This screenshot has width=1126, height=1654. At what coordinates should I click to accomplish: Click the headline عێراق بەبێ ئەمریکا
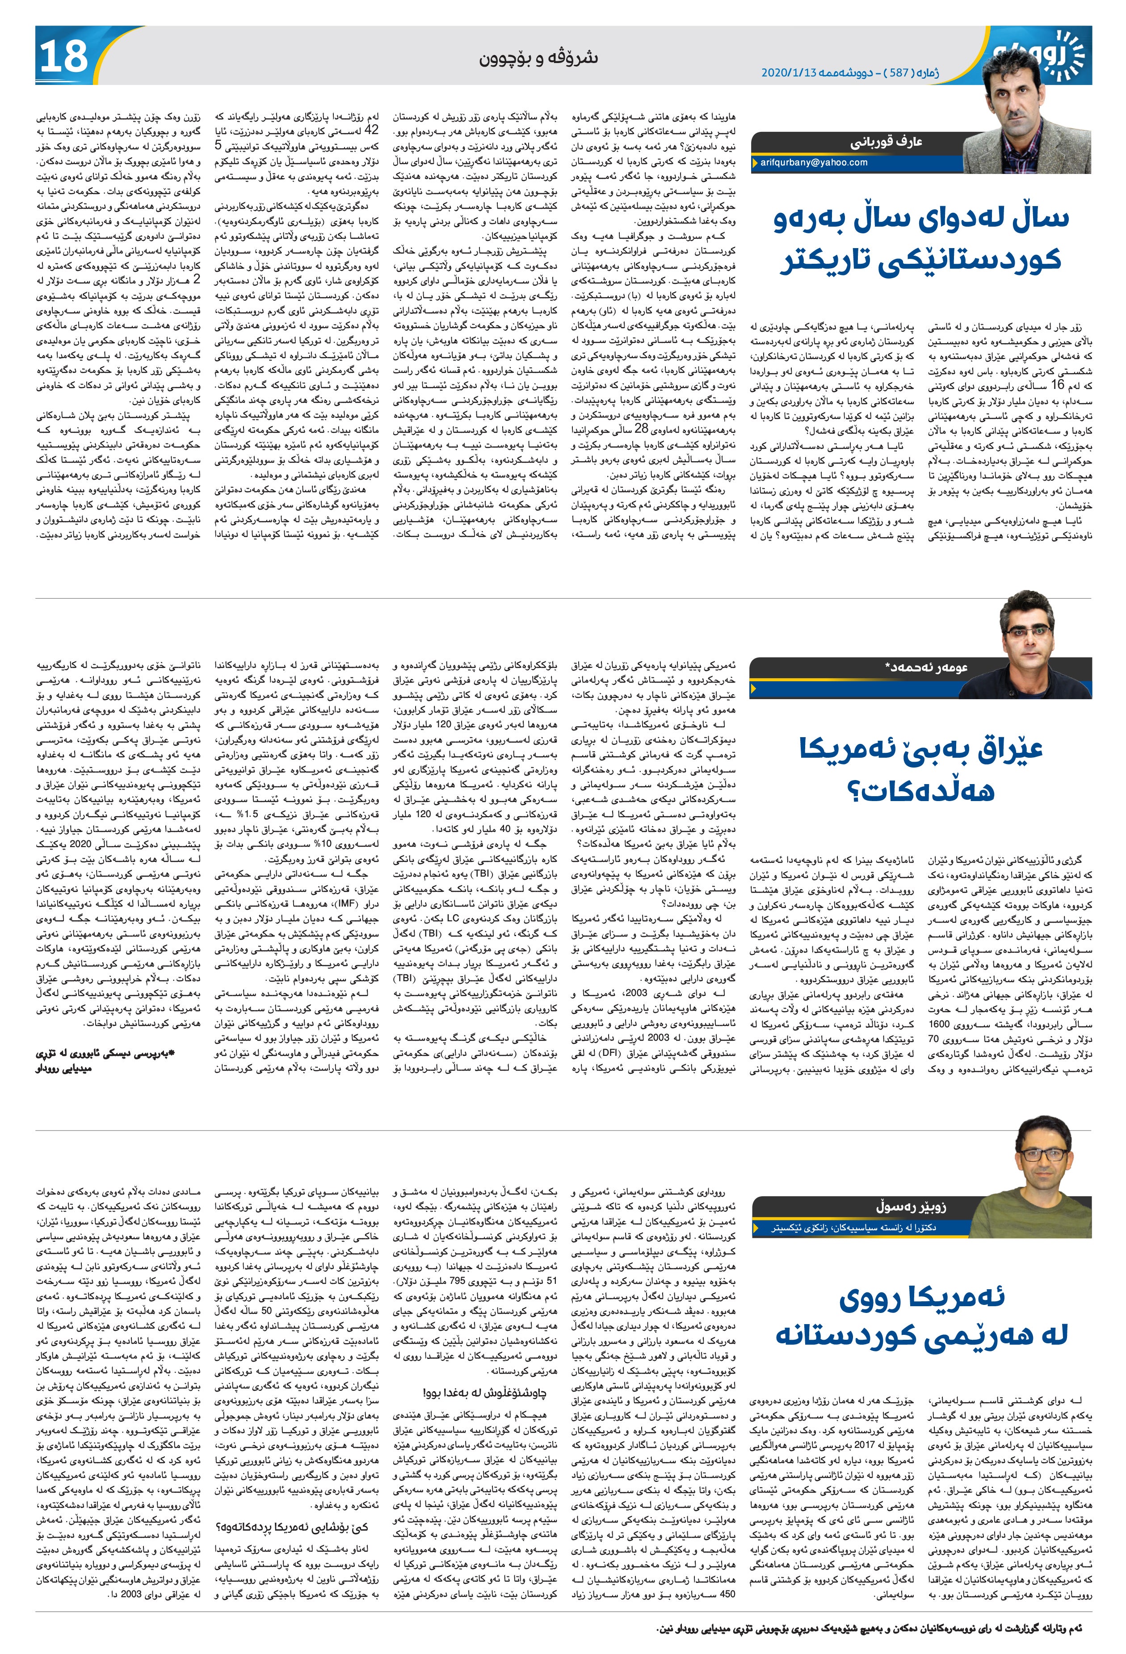921,751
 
